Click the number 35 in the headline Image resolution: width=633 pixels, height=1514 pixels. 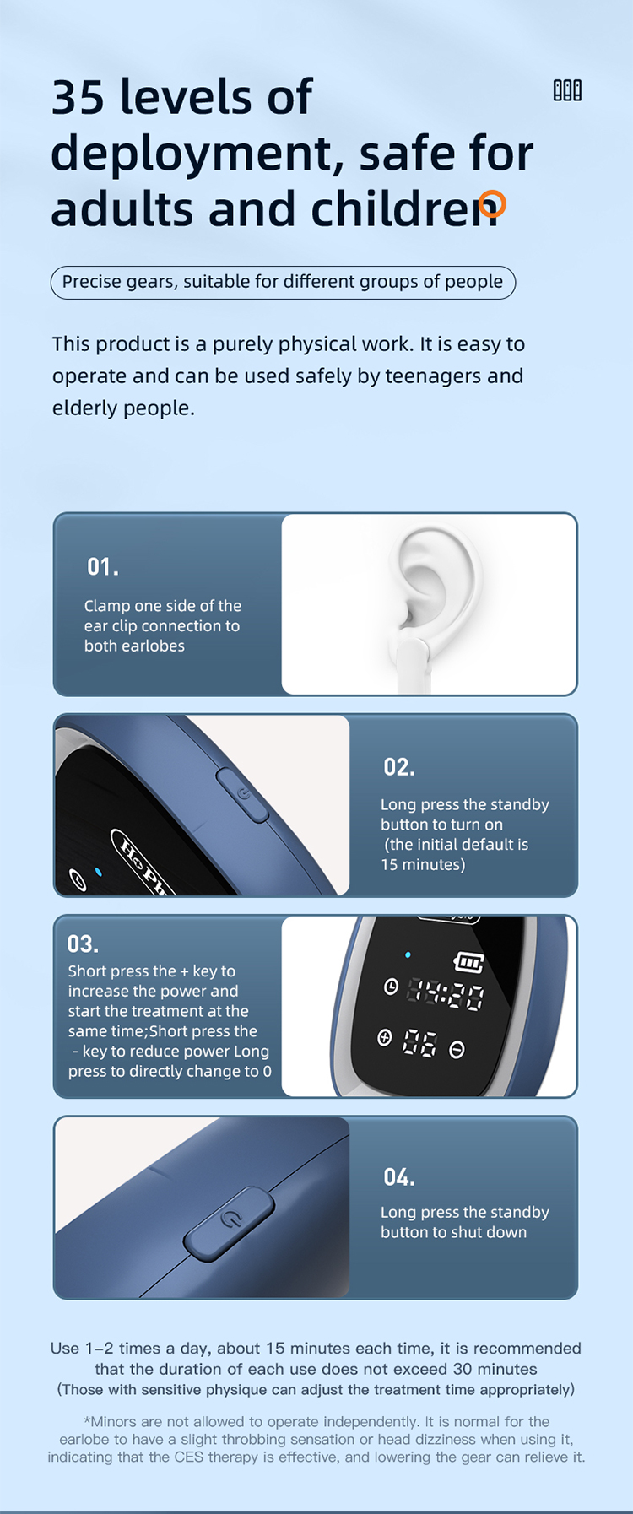click(x=79, y=98)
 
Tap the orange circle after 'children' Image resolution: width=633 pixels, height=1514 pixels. click(x=492, y=203)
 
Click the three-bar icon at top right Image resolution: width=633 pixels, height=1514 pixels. click(x=567, y=90)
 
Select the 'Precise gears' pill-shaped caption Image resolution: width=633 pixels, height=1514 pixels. click(x=283, y=282)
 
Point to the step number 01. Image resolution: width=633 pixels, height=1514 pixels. click(x=102, y=567)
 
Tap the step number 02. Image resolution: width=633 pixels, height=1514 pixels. click(x=399, y=767)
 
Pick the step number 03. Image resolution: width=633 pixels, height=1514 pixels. click(x=83, y=944)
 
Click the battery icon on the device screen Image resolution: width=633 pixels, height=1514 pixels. click(x=469, y=962)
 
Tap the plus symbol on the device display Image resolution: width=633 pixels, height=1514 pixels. click(x=385, y=1038)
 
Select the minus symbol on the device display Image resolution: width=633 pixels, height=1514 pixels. click(x=457, y=1050)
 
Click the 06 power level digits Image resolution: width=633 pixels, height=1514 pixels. click(x=419, y=1044)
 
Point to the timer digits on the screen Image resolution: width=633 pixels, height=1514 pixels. click(x=446, y=995)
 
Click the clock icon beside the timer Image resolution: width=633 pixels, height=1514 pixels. click(x=391, y=987)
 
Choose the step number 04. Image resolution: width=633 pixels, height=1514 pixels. click(x=399, y=1177)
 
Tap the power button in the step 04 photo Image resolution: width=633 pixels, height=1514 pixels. click(x=230, y=1220)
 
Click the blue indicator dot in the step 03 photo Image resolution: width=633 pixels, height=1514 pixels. click(x=408, y=955)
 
